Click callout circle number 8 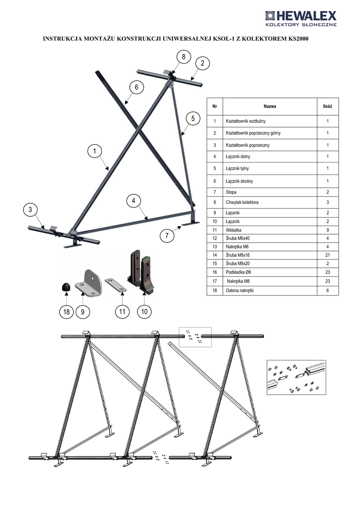(x=184, y=57)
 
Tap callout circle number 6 (x=136, y=87)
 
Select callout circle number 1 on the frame (x=95, y=151)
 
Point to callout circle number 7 (x=167, y=235)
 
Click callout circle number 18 (x=66, y=312)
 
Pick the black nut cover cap (x=66, y=287)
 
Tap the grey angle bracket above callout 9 (x=89, y=282)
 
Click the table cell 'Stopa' (x=231, y=192)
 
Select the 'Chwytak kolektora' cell (x=242, y=202)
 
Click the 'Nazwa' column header (x=270, y=106)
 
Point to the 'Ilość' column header (x=328, y=106)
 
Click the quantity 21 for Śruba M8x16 (x=328, y=255)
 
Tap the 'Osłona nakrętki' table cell (x=240, y=290)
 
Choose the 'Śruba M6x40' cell (x=238, y=238)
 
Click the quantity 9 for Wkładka (x=328, y=230)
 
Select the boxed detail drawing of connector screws (x=296, y=377)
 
